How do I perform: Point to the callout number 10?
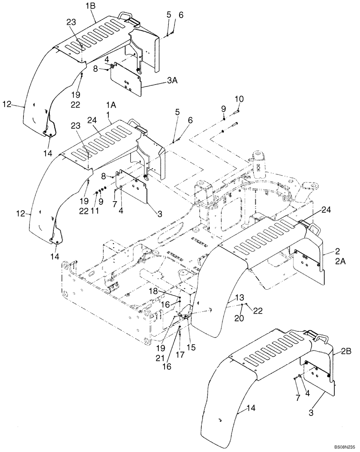(x=239, y=99)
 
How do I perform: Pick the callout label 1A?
(x=111, y=104)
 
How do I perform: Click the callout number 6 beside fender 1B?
(x=181, y=15)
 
